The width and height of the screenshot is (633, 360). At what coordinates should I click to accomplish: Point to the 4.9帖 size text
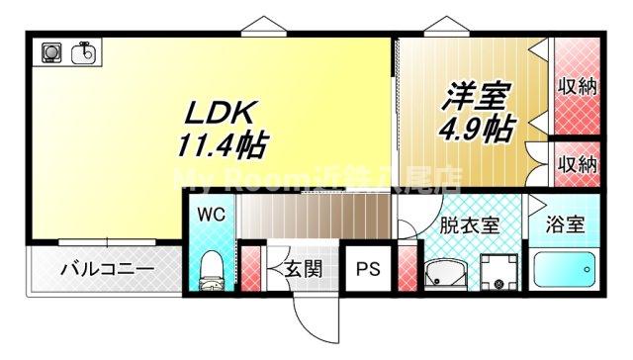(477, 128)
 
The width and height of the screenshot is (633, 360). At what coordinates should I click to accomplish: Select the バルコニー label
(106, 268)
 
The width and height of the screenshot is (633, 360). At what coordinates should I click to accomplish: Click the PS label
(368, 268)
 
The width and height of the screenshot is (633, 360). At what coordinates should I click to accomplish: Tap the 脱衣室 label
(469, 223)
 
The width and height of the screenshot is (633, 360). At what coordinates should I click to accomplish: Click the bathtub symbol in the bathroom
(565, 269)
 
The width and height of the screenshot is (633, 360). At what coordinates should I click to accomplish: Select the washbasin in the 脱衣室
(441, 271)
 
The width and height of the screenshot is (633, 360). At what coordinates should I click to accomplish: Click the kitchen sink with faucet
(84, 50)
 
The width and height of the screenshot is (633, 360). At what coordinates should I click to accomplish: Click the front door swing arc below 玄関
(309, 318)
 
